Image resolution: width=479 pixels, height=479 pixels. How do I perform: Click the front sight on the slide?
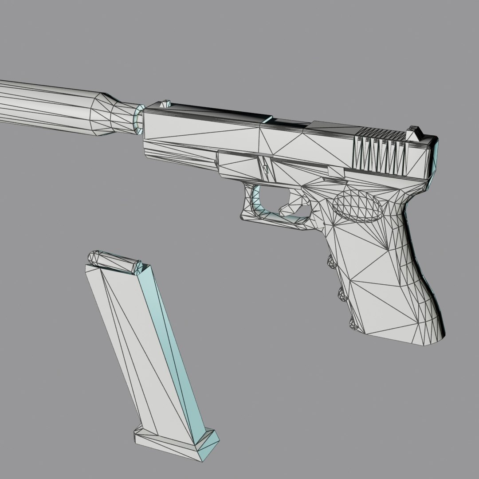coord(165,103)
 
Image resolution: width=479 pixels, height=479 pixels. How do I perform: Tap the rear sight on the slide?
coord(415,130)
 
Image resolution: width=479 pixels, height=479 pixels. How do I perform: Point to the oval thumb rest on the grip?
coord(358,207)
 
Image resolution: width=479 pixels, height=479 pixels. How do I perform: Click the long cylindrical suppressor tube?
coord(44,106)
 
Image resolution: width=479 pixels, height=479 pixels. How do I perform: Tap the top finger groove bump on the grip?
coord(331,263)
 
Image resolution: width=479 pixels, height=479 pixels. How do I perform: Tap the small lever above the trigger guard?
coord(265,169)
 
